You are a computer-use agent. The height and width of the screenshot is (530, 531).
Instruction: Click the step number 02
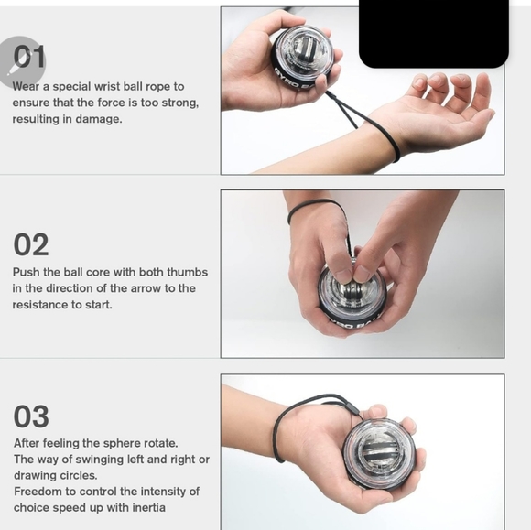31,245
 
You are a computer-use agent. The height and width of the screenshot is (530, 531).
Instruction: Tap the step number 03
31,416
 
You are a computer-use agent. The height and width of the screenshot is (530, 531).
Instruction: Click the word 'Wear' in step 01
27,86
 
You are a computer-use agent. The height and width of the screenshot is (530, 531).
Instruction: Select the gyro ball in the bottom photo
378,452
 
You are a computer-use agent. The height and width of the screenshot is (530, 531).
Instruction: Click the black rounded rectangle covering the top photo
432,34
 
